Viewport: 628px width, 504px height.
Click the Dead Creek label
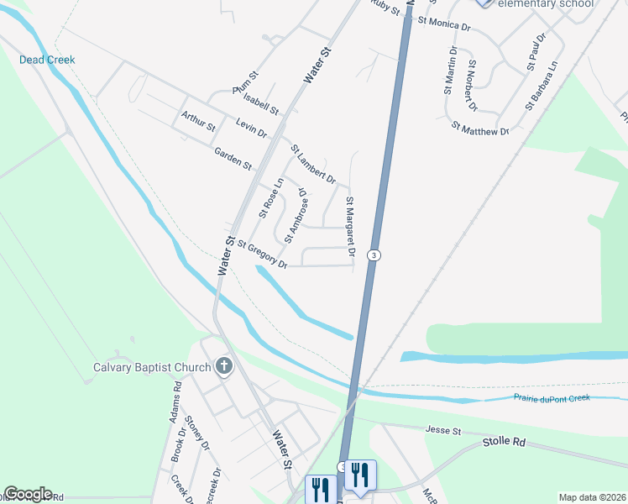(x=48, y=60)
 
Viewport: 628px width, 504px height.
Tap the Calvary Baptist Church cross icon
(x=223, y=367)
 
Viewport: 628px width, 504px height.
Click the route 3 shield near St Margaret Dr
(x=374, y=255)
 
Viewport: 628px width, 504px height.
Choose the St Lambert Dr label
(x=313, y=164)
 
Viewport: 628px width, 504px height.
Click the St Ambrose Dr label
(x=296, y=217)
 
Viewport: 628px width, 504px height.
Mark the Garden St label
(x=233, y=158)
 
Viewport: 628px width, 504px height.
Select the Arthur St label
(x=198, y=121)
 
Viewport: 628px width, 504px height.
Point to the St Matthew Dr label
(x=480, y=129)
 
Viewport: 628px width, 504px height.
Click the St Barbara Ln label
(x=542, y=85)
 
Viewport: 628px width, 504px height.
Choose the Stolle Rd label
(x=504, y=442)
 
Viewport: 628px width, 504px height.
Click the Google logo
(x=28, y=493)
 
